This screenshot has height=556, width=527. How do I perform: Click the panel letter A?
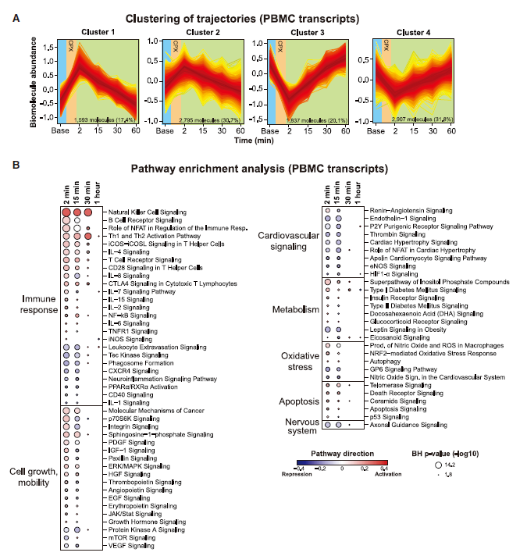point(15,14)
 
